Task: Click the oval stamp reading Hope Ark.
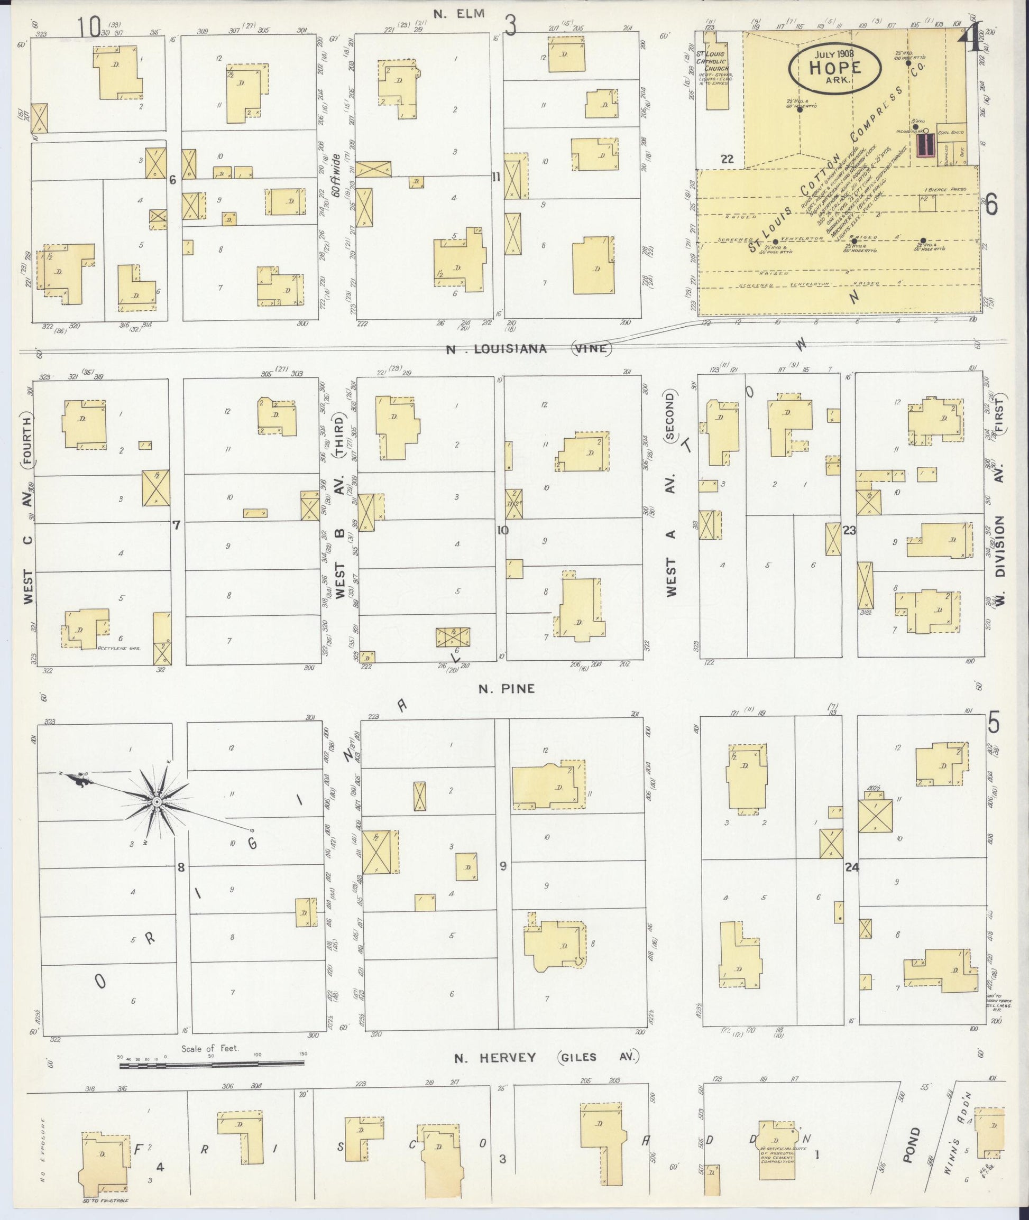point(834,68)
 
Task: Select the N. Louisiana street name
point(497,349)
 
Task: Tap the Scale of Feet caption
point(210,1048)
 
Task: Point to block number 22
point(727,159)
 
